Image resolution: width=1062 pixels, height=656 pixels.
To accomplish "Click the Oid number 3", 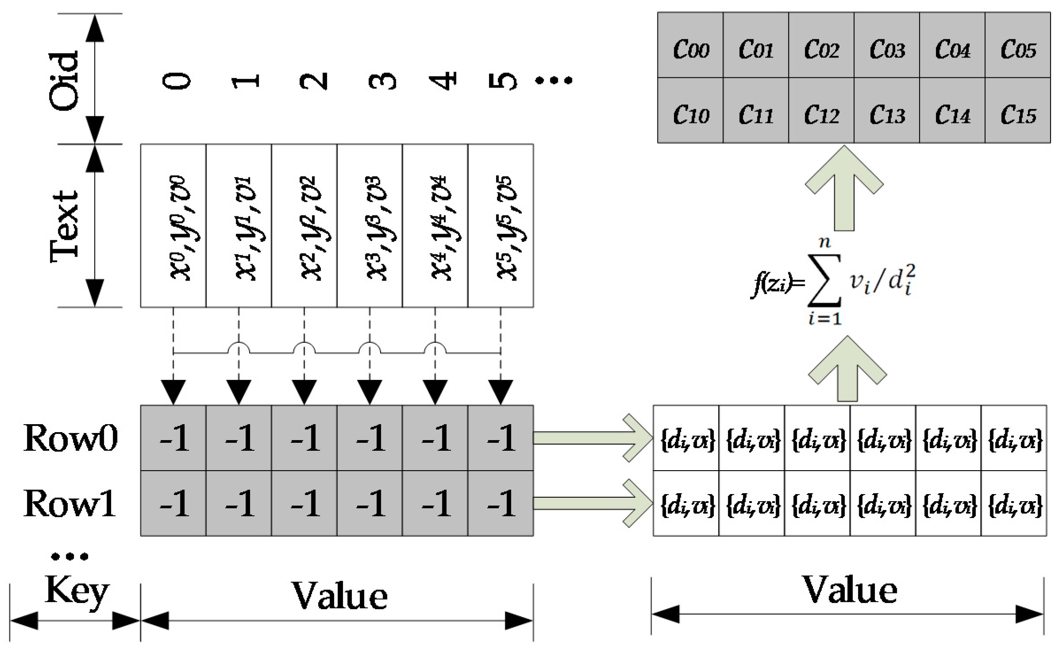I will point(382,81).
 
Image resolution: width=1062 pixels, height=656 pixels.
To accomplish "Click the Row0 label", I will point(71,438).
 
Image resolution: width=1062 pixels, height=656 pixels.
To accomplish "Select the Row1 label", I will point(70,503).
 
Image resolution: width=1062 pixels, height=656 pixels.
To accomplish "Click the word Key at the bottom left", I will point(76,591).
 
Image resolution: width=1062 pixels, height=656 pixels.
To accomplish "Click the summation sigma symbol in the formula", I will point(824,280).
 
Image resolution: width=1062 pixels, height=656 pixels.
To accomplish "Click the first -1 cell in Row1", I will point(173,503).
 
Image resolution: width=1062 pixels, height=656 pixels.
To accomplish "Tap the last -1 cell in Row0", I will point(500,438).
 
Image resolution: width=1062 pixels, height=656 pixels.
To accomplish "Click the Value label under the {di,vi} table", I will point(850,591).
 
